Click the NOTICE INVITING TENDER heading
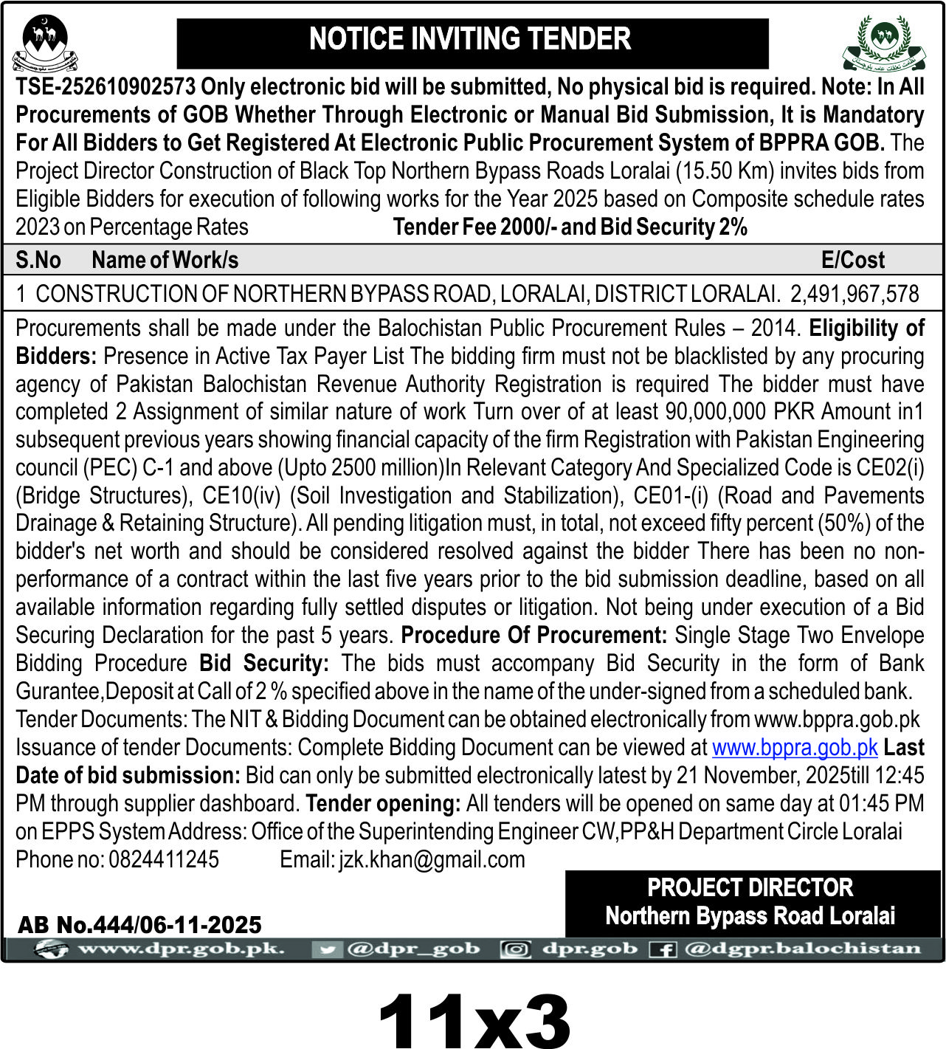(470, 40)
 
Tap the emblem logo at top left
(45, 43)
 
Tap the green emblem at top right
(883, 43)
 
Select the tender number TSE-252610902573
(106, 87)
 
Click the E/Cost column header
(852, 260)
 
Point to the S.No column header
(38, 260)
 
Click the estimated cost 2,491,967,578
(854, 294)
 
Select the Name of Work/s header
(165, 260)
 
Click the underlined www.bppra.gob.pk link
(794, 748)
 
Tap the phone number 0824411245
(164, 859)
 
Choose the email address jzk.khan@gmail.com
(432, 859)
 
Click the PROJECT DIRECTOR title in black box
(750, 887)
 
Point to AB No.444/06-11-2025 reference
(139, 925)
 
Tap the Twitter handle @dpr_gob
(412, 949)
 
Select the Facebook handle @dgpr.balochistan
(803, 949)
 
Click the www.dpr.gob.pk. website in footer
(181, 949)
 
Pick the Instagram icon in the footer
(515, 949)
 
